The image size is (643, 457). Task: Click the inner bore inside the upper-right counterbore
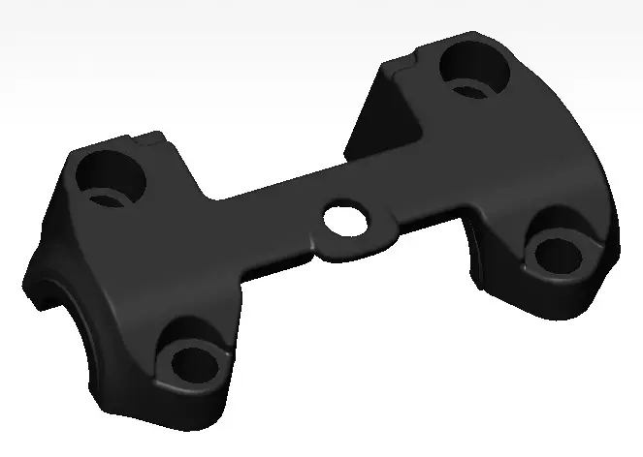pos(469,90)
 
